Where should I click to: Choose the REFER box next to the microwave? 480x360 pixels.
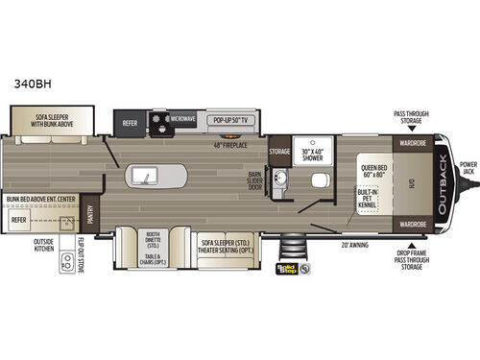[131, 122]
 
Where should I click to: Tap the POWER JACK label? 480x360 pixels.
[468, 170]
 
